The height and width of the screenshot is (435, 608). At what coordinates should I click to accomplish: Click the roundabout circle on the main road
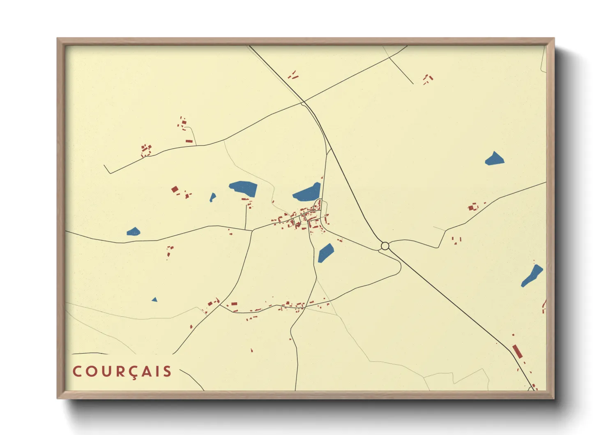(385, 246)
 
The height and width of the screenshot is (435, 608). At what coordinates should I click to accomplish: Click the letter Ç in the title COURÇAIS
(135, 372)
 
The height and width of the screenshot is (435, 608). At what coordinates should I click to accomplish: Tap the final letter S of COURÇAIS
(167, 372)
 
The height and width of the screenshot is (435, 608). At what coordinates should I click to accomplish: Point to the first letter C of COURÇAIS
(77, 372)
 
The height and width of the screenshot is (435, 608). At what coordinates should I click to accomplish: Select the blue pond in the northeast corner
(494, 159)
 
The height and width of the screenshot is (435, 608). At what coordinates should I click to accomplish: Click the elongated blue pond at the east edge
(532, 276)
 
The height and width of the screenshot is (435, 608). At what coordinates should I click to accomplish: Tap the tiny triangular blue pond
(154, 300)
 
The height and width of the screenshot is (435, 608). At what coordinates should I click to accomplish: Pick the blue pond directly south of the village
(325, 253)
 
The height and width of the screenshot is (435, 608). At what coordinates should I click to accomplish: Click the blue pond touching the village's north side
(307, 193)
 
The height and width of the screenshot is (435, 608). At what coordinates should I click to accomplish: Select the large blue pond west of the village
(244, 188)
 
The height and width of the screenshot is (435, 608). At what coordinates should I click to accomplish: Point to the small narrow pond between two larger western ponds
(212, 197)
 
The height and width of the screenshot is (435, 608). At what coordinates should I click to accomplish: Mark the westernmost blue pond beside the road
(133, 232)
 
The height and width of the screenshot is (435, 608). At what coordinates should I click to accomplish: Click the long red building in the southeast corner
(517, 352)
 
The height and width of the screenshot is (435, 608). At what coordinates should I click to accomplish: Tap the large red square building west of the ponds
(175, 189)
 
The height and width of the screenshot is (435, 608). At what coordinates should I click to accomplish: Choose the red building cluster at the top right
(428, 79)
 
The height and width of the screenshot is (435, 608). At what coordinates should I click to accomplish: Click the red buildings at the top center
(293, 75)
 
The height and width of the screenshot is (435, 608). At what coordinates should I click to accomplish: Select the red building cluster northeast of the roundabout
(472, 206)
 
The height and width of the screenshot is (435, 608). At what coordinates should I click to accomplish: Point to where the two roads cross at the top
(304, 102)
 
